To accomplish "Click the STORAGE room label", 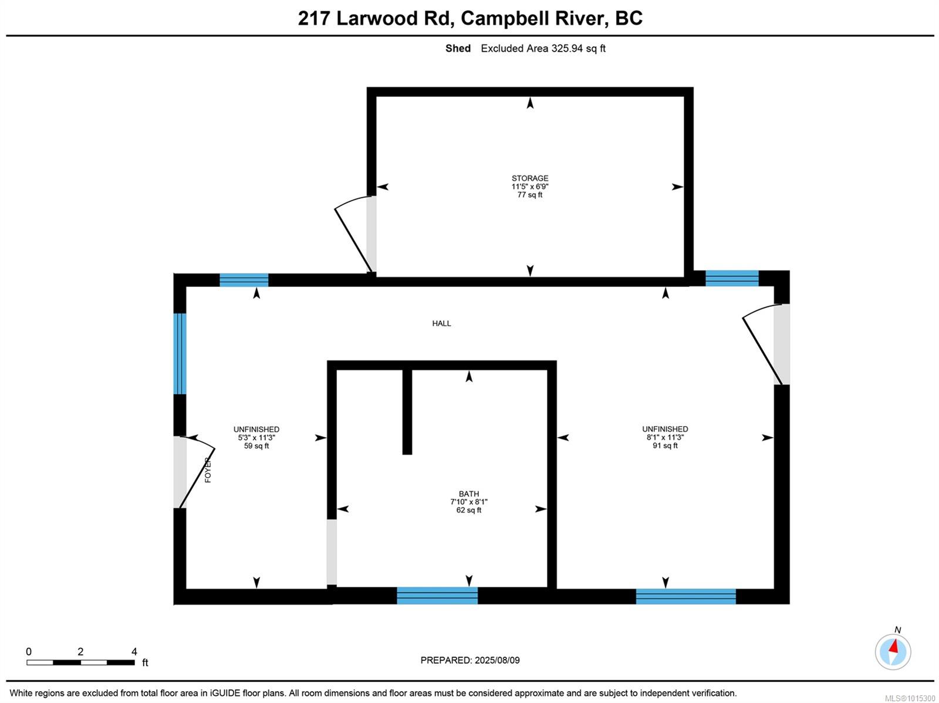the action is [x=529, y=178].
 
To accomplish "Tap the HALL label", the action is [x=441, y=323].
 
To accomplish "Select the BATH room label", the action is [x=469, y=494].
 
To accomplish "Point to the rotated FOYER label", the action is [x=208, y=470].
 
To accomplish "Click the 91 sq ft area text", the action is [x=665, y=445].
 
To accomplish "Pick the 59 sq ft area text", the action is [x=256, y=445].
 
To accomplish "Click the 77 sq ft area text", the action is [x=529, y=195].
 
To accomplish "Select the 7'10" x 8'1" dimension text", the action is [x=469, y=502].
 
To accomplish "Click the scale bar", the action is [x=80, y=663].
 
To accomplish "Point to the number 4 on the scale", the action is [x=134, y=651].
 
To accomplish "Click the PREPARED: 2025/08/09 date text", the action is [x=469, y=660].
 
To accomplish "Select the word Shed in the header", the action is [x=458, y=48].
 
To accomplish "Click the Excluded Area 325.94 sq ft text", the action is [x=543, y=48].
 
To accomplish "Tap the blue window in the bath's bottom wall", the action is [x=437, y=595].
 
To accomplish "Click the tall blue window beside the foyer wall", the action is [x=180, y=354].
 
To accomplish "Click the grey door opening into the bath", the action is [x=332, y=552].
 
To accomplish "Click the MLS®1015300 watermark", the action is [x=910, y=698].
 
